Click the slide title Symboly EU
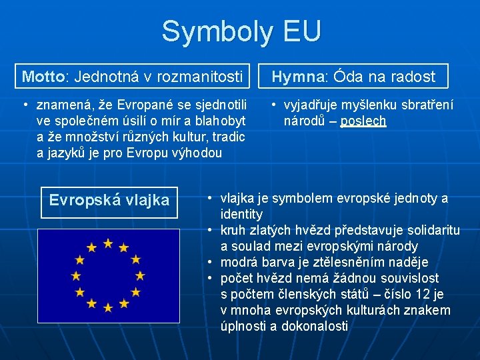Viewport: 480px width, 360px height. [241, 31]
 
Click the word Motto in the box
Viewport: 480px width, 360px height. [43, 76]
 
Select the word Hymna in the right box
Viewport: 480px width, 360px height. [297, 77]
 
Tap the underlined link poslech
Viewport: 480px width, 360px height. [363, 121]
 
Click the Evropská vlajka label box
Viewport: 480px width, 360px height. [109, 200]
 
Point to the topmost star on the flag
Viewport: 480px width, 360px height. [107, 243]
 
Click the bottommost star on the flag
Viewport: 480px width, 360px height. [107, 307]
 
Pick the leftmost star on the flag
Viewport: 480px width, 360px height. [75, 275]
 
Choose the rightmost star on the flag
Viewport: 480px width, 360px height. [139, 275]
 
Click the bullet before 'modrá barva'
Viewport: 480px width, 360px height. [209, 262]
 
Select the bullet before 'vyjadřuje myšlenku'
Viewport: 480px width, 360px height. [273, 105]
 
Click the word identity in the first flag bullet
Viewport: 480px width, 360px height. [241, 214]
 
